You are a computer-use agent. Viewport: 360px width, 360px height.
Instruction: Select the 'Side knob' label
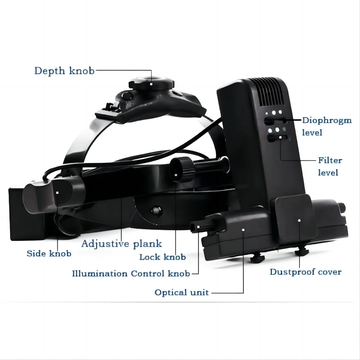(49, 254)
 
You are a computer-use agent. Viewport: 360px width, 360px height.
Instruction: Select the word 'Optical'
(174, 292)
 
